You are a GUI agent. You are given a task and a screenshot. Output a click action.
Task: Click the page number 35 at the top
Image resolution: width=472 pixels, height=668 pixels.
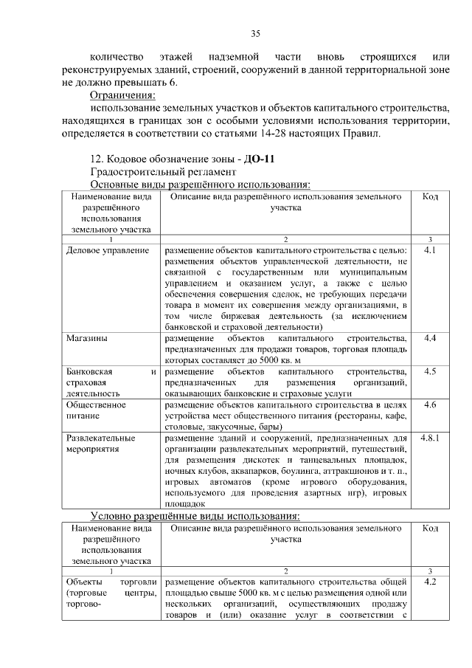pyautogui.click(x=256, y=33)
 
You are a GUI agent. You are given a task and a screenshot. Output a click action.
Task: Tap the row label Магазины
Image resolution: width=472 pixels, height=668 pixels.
pyautogui.click(x=86, y=338)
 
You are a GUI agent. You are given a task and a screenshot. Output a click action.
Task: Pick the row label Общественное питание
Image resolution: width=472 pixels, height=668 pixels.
pyautogui.click(x=91, y=410)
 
